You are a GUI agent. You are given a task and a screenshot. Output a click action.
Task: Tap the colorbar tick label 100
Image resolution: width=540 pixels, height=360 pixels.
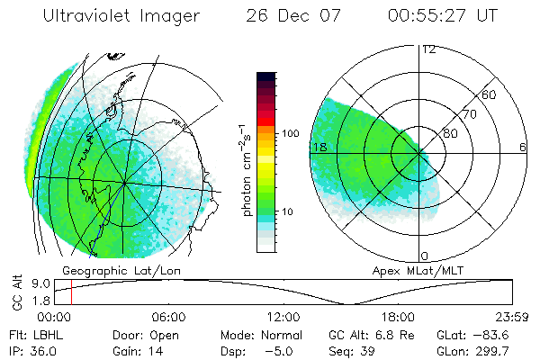(x=290, y=133)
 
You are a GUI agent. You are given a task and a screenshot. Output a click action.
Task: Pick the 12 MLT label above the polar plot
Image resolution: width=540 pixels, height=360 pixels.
(x=428, y=49)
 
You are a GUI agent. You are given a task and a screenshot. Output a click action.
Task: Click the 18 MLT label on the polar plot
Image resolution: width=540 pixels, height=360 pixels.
(x=318, y=146)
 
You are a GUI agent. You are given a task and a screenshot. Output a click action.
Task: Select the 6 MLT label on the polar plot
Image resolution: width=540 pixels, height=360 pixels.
(x=523, y=146)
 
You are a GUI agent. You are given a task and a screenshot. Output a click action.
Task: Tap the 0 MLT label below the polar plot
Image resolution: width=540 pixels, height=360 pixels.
(x=425, y=256)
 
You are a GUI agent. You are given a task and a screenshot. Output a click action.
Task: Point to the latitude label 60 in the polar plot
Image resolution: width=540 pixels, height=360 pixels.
(x=490, y=94)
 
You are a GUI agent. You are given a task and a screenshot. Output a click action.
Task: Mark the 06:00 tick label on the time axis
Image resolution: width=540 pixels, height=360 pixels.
(x=168, y=317)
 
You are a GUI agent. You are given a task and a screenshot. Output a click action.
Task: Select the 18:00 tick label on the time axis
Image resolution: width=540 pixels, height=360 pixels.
(x=398, y=317)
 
